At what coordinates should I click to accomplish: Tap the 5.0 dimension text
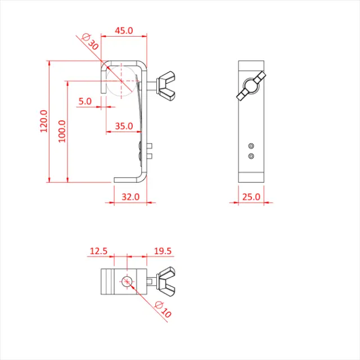pos(85,101)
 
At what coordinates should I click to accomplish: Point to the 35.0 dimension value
pos(124,127)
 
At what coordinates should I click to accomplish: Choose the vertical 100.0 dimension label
pos(62,130)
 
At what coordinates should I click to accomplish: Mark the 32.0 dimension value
pos(130,197)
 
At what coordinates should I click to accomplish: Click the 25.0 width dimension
pos(251,197)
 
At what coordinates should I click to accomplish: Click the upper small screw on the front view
pos(251,146)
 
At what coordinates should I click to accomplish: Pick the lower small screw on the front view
pos(251,155)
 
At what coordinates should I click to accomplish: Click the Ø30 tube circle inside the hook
pos(121,80)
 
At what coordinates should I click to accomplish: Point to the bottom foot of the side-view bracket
pos(129,179)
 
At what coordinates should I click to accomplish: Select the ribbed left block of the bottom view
pos(107,281)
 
